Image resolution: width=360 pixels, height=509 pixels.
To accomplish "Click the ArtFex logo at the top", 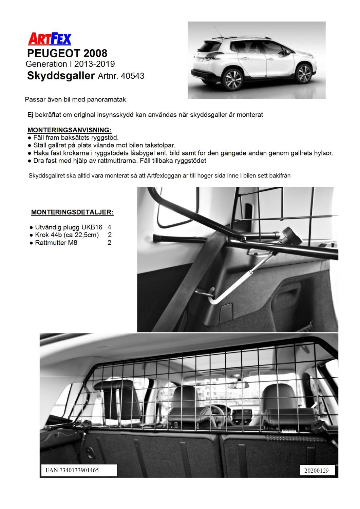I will pyautogui.click(x=50, y=39).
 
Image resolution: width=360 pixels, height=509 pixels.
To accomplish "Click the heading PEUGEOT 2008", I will pyautogui.click(x=67, y=53).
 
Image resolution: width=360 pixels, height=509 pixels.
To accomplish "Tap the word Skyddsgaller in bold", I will pyautogui.click(x=60, y=75).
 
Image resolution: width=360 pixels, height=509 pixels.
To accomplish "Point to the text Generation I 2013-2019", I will pyautogui.click(x=70, y=64).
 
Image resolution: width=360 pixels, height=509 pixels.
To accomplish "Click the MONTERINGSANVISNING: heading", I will pyautogui.click(x=70, y=130).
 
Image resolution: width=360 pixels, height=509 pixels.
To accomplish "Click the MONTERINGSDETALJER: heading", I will pyautogui.click(x=72, y=212).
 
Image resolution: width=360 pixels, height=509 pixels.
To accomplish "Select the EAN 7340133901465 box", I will pyautogui.click(x=78, y=470).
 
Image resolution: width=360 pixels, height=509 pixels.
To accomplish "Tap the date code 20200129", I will pyautogui.click(x=317, y=471).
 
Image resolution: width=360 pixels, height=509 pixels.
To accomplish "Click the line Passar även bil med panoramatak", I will pyautogui.click(x=75, y=100).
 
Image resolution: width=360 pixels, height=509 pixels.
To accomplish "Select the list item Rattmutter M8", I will pyautogui.click(x=56, y=243).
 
